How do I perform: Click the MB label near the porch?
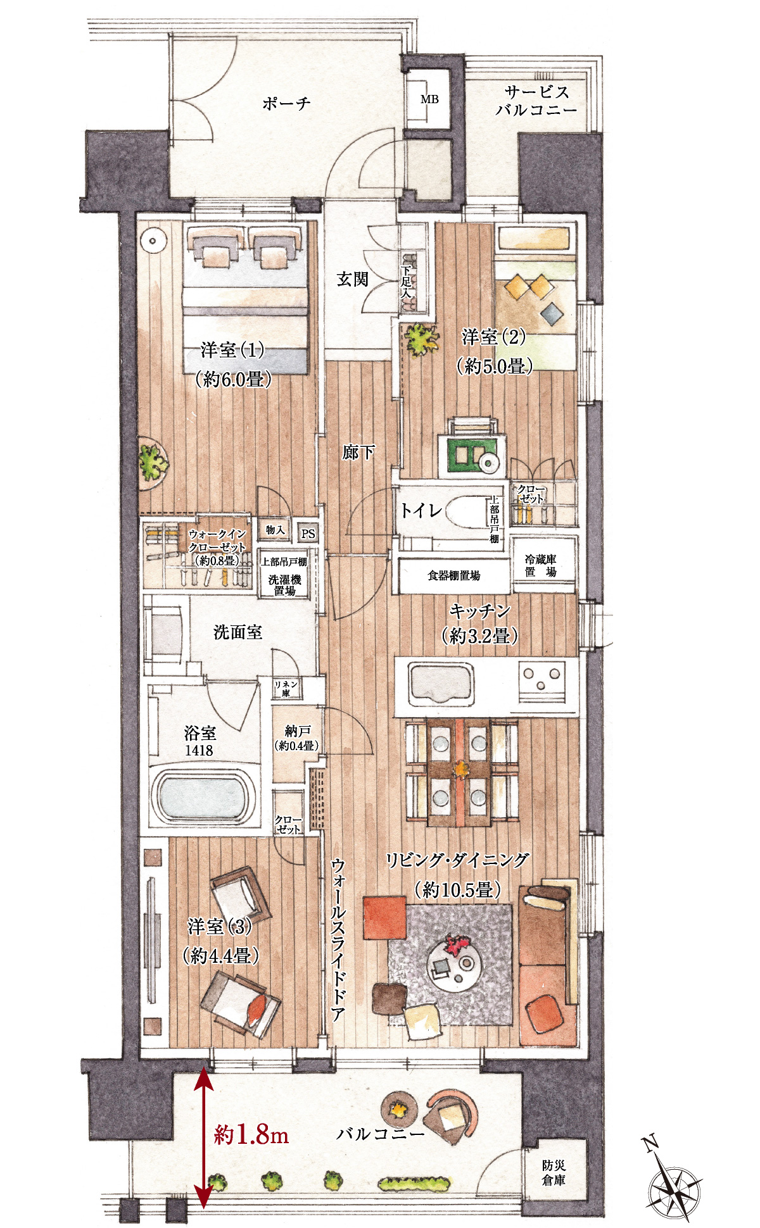coord(429,99)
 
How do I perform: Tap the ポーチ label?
coord(286,103)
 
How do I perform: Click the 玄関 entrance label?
coord(352,279)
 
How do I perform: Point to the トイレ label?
coord(421,510)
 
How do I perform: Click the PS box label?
coord(308,534)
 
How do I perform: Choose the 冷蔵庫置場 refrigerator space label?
coord(541,565)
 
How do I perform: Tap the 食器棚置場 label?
coord(453,575)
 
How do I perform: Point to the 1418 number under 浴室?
coord(199,751)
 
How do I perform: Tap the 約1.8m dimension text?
coord(251,1135)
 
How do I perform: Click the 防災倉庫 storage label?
coord(554,1172)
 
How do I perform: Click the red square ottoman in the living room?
coord(384,918)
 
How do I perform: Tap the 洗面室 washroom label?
coord(237,632)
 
